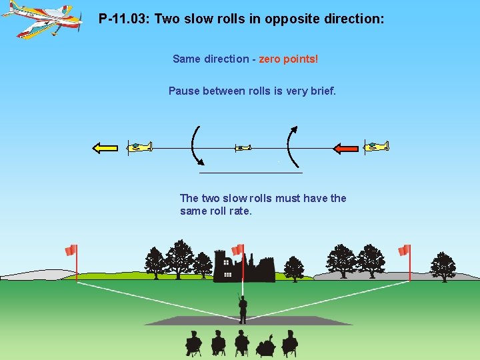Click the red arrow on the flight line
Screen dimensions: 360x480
click(x=346, y=147)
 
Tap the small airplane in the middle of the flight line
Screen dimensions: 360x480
click(x=243, y=147)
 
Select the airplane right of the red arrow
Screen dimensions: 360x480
click(x=377, y=146)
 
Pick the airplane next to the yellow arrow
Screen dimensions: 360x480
click(x=140, y=147)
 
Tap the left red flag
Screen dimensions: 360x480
click(x=71, y=251)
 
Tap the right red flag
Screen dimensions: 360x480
click(x=403, y=251)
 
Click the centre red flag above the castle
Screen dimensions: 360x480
click(x=238, y=249)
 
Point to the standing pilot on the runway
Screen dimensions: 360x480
click(x=243, y=309)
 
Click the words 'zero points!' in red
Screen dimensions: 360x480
click(x=289, y=59)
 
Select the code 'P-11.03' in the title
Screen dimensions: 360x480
click(x=123, y=19)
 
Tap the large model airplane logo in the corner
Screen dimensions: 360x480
click(x=41, y=19)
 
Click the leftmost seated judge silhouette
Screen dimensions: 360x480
click(x=193, y=343)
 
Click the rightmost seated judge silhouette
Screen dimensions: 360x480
click(x=289, y=343)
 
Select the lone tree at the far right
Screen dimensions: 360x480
click(x=443, y=267)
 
